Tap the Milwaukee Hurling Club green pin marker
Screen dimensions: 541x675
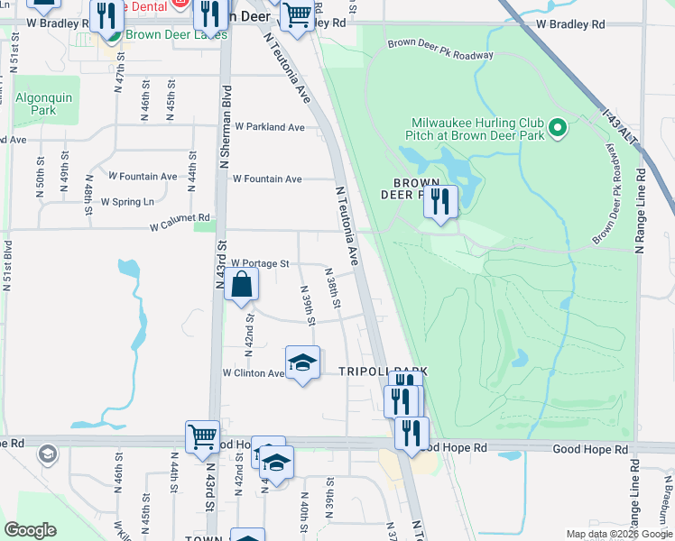coord(558,130)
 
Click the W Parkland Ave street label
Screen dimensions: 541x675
coord(270,127)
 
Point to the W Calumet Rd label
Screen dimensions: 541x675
coord(180,218)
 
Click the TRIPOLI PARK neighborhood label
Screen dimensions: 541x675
coord(382,371)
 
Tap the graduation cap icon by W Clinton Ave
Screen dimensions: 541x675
coord(303,363)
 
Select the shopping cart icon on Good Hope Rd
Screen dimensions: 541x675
coord(203,437)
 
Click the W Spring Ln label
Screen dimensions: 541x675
coord(127,201)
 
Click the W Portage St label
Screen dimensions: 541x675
coord(259,264)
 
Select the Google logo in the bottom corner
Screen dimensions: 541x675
coord(30,530)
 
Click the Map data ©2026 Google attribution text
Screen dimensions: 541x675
coord(619,534)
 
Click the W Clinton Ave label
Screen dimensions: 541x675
coord(254,372)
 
